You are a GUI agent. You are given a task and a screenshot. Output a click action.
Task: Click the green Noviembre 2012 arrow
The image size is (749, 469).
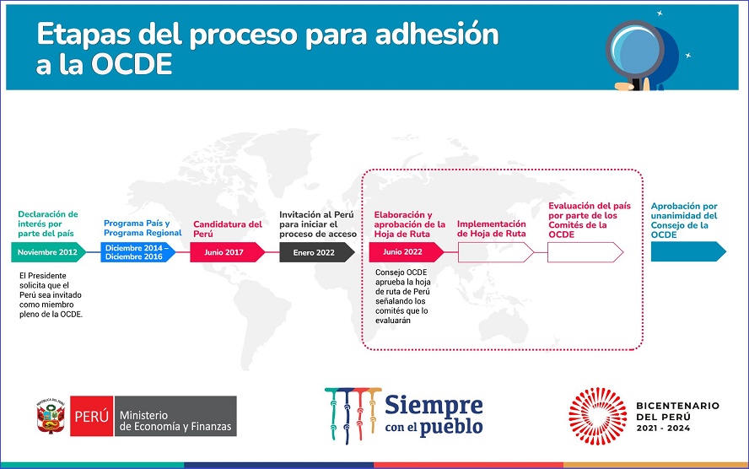coord(48,252)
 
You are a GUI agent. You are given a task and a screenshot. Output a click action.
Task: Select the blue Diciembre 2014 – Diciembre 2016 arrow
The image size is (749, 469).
coord(137,252)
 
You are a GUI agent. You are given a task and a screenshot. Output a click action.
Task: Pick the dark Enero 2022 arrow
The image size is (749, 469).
coord(316,252)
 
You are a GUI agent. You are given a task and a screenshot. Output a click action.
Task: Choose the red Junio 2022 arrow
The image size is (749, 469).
coord(406,252)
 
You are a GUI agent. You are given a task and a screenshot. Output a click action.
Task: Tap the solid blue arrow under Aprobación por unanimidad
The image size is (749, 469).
coord(688,251)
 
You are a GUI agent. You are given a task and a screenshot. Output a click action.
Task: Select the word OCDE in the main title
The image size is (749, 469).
coord(132,64)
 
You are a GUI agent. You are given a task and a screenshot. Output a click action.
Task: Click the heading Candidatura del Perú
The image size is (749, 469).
coord(228,229)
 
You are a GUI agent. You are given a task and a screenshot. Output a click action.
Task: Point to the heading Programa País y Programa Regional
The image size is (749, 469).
coord(143,229)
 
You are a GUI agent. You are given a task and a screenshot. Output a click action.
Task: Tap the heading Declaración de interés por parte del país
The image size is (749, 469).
coord(48,224)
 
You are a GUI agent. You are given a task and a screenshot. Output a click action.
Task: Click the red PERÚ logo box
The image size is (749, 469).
coord(92,416)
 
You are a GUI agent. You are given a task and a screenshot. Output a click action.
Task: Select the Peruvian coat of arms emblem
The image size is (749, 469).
coord(51,416)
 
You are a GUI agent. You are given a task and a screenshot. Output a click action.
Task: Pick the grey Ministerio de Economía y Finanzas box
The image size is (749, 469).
coord(175,416)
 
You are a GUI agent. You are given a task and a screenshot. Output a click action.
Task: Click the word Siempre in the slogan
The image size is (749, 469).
coord(434,405)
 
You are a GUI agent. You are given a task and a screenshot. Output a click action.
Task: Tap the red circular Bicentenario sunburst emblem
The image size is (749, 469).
coord(597,416)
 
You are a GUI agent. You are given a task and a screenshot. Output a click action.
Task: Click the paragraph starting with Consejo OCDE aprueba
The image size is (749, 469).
coord(402,297)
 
